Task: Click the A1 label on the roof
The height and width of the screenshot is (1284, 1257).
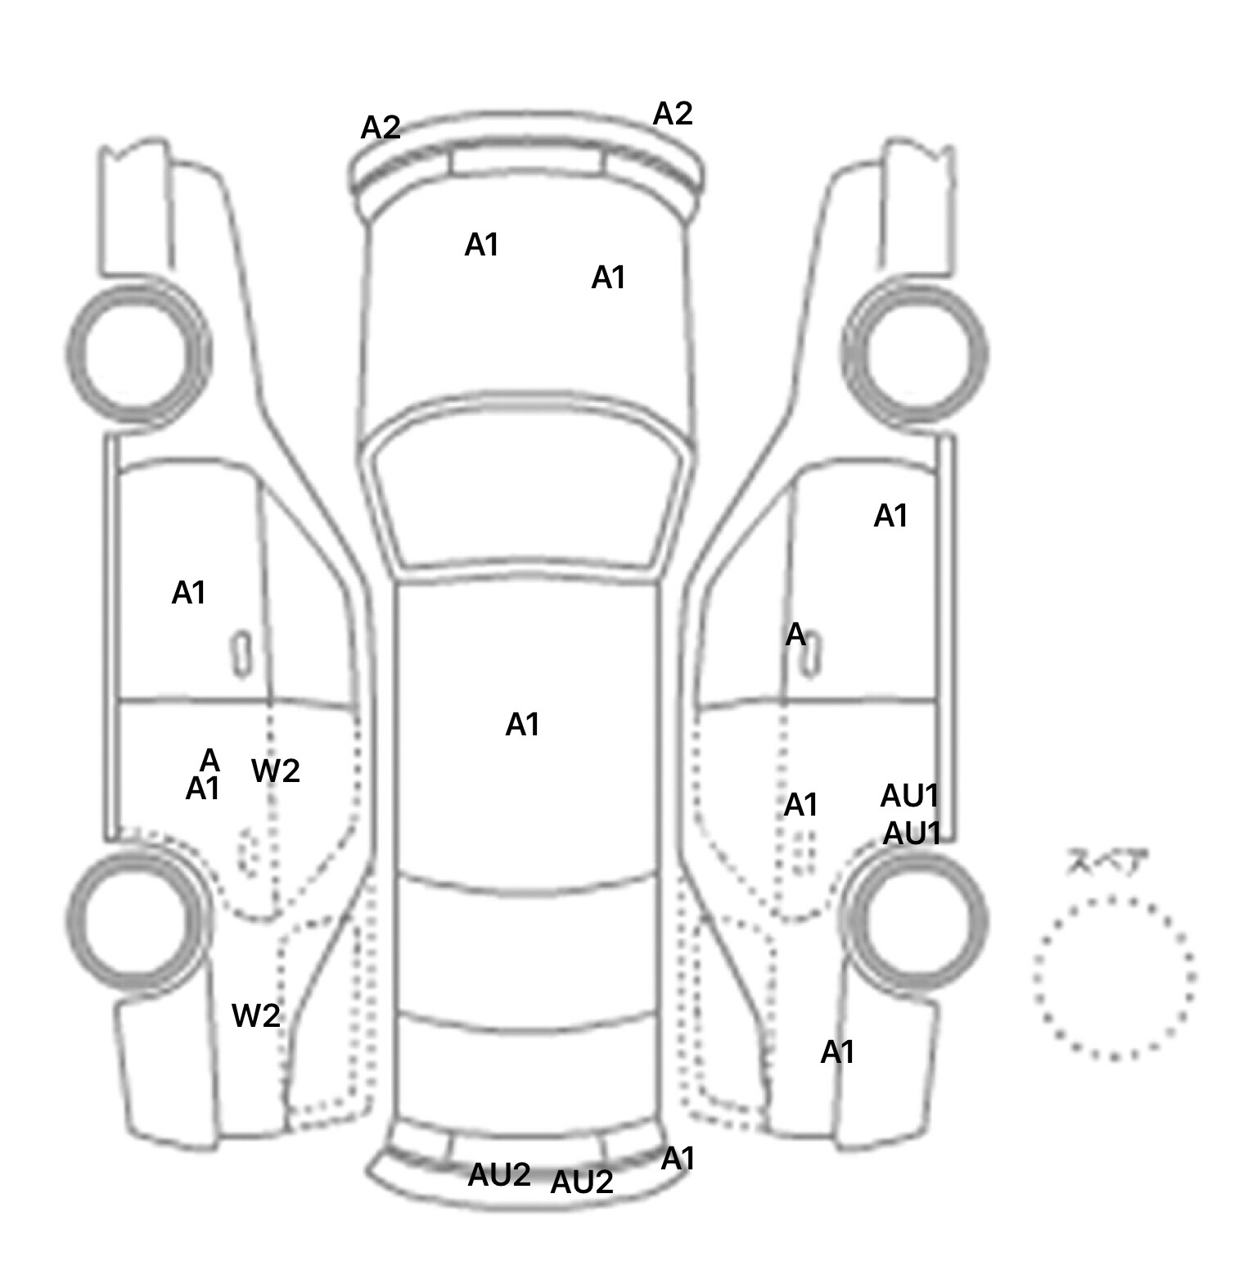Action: click(522, 725)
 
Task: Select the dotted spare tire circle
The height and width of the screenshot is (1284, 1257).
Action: click(1113, 978)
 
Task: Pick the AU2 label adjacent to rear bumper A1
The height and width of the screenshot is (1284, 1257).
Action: click(582, 1182)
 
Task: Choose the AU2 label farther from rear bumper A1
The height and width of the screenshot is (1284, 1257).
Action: click(499, 1176)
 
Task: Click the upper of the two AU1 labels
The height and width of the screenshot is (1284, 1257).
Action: click(909, 796)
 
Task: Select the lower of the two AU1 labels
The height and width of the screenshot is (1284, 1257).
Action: click(912, 834)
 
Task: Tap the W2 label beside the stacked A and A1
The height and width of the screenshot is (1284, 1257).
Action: click(275, 771)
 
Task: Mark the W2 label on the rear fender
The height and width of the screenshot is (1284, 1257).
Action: click(255, 1016)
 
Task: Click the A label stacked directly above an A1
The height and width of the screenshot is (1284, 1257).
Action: click(210, 761)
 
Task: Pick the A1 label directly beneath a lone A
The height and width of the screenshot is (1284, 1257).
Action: click(203, 789)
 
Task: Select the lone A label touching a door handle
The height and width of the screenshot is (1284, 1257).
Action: click(795, 635)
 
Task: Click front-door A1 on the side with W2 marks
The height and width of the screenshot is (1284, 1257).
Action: click(188, 593)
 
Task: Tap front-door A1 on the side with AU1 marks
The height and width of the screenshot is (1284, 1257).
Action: click(890, 517)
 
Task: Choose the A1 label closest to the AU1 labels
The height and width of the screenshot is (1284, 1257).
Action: click(800, 806)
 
